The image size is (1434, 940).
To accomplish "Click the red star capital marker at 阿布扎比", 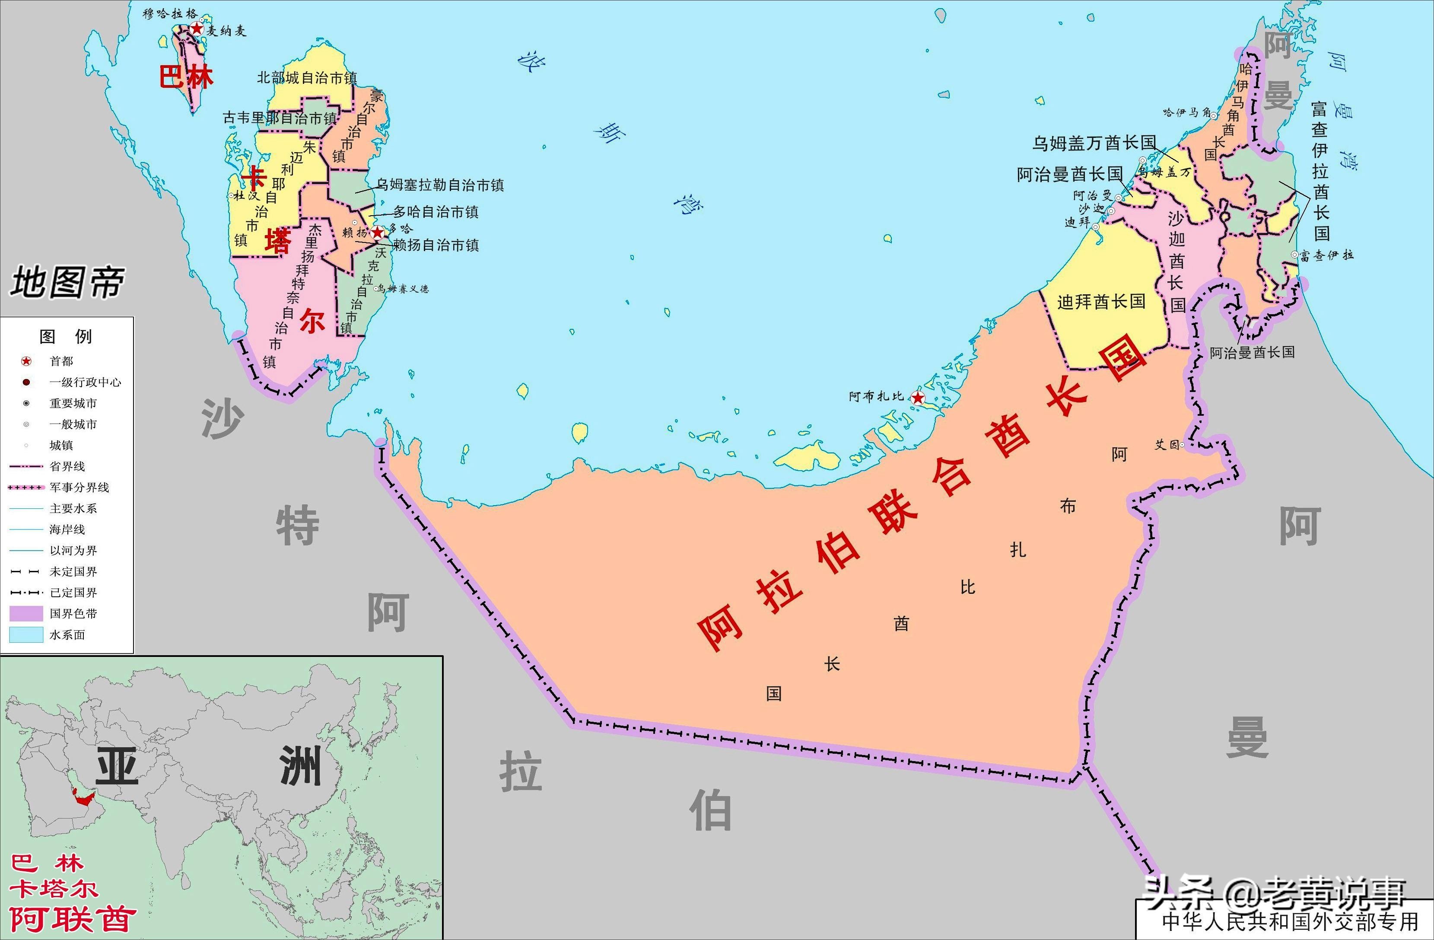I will click(x=918, y=398).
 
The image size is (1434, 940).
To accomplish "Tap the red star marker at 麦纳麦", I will click(x=197, y=29).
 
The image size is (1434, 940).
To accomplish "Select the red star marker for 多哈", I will click(x=378, y=233).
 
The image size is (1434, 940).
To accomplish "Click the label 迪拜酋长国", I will click(x=1101, y=301).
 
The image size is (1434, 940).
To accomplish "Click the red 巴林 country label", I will click(x=186, y=77).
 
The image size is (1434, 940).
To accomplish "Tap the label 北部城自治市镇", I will click(x=307, y=78).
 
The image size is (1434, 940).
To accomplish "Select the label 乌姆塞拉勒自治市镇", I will click(x=440, y=185).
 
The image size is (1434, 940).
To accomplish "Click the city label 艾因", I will click(x=1167, y=445).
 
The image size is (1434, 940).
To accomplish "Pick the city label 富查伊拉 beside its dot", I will click(x=1326, y=255).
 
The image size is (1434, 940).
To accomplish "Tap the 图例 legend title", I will click(x=66, y=336).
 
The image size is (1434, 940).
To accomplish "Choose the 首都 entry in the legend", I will click(x=61, y=361).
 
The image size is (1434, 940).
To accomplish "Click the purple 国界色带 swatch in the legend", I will click(x=26, y=613).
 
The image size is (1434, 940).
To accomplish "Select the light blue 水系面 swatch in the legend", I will click(x=26, y=634).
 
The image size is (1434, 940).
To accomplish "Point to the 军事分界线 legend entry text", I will click(x=79, y=488).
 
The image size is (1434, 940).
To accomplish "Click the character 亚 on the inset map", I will click(x=118, y=766).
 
